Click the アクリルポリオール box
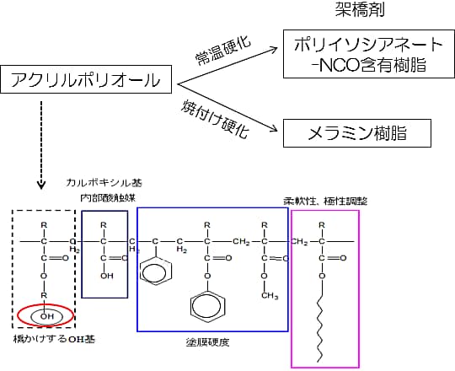point(87,80)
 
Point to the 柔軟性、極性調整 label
point(320,201)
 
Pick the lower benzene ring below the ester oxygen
point(206,303)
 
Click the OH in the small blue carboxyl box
point(104,274)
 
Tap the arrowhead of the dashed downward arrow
point(40,185)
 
